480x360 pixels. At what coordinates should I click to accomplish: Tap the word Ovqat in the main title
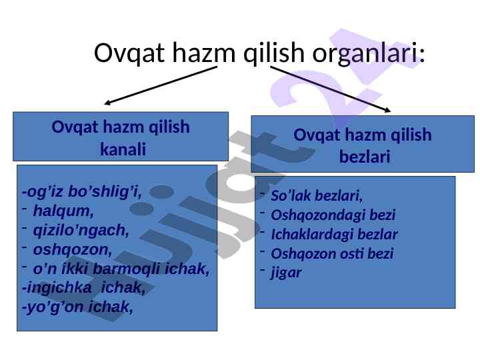pyautogui.click(x=129, y=53)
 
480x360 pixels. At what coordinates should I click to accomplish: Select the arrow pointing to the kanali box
pyautogui.click(x=161, y=85)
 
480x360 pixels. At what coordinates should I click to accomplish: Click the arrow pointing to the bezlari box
pyautogui.click(x=331, y=89)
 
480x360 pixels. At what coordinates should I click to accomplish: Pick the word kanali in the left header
pyautogui.click(x=123, y=149)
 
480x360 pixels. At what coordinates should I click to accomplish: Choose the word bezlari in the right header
pyautogui.click(x=365, y=157)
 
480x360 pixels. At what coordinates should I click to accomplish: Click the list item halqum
pyautogui.click(x=63, y=211)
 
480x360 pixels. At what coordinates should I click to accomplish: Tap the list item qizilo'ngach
pyautogui.click(x=81, y=231)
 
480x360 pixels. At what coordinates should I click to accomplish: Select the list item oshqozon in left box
pyautogui.click(x=72, y=250)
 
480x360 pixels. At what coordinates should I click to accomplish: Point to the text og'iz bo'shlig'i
pyautogui.click(x=82, y=192)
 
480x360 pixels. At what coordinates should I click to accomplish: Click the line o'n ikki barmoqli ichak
pyautogui.click(x=121, y=269)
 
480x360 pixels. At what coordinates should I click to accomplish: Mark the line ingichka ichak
pyautogui.click(x=83, y=288)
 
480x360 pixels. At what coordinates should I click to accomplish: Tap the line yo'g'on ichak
pyautogui.click(x=77, y=307)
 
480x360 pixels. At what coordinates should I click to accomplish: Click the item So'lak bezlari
pyautogui.click(x=317, y=196)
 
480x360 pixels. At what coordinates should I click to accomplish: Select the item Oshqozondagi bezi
pyautogui.click(x=333, y=215)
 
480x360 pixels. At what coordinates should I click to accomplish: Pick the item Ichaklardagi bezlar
pyautogui.click(x=334, y=235)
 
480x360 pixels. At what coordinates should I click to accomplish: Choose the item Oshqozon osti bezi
pyautogui.click(x=332, y=254)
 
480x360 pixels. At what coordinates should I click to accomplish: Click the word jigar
pyautogui.click(x=286, y=273)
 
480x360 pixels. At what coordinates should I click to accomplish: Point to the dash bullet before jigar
pyautogui.click(x=263, y=270)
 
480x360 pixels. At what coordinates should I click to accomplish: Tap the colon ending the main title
pyautogui.click(x=422, y=55)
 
